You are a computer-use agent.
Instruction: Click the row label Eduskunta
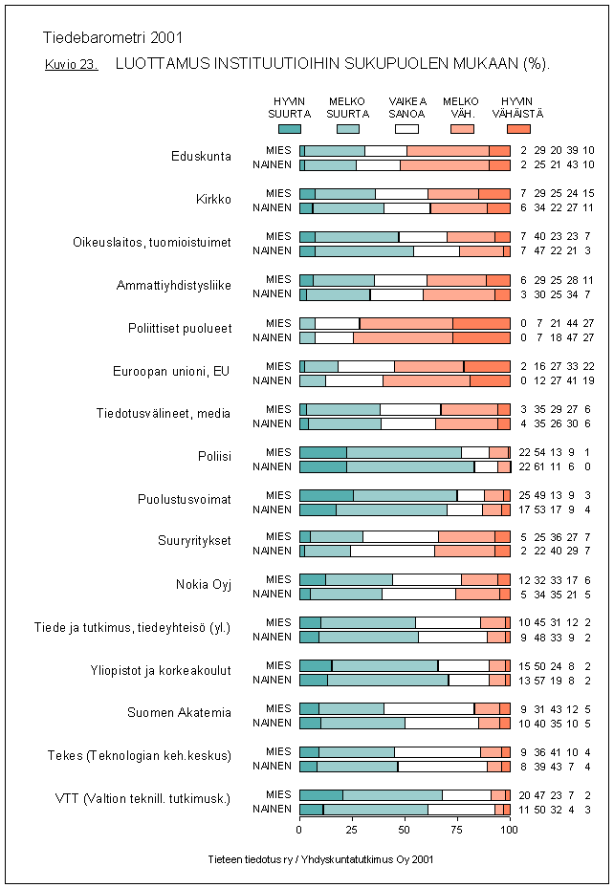click(x=201, y=157)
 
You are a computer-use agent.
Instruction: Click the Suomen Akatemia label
click(x=180, y=713)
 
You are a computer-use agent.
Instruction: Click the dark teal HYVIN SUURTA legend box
click(x=289, y=128)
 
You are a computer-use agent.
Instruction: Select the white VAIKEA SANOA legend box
click(x=406, y=128)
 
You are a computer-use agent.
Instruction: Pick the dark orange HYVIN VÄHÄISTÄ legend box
click(x=518, y=128)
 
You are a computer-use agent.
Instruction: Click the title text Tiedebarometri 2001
click(x=113, y=38)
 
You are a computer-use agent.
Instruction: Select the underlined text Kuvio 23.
click(x=71, y=65)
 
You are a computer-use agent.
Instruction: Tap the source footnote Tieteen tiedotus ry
click(x=320, y=859)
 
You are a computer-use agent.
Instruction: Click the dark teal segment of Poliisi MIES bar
click(x=322, y=452)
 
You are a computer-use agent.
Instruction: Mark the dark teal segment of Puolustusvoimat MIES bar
click(x=326, y=495)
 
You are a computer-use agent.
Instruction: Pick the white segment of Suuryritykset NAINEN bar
click(x=392, y=552)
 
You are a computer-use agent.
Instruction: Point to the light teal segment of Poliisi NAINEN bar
click(x=409, y=466)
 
